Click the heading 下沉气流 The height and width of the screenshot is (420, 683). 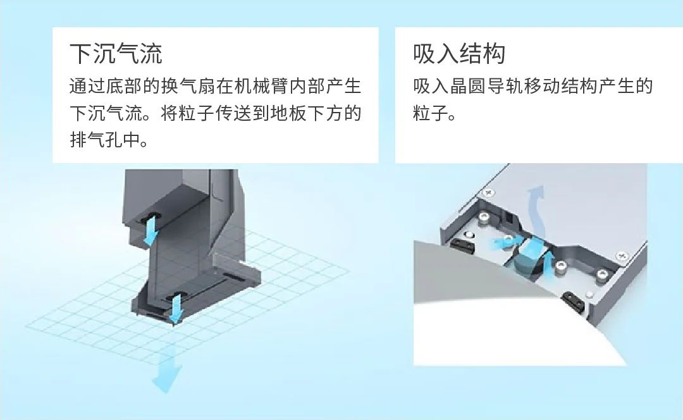click(116, 54)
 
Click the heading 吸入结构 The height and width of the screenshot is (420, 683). click(459, 54)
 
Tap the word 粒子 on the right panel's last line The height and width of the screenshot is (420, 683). click(431, 113)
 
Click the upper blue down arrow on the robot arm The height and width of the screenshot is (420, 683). click(151, 228)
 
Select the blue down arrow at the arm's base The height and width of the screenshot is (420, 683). click(176, 309)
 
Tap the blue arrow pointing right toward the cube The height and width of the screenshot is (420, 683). click(505, 243)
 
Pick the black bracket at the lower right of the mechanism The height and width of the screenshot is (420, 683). click(572, 300)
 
